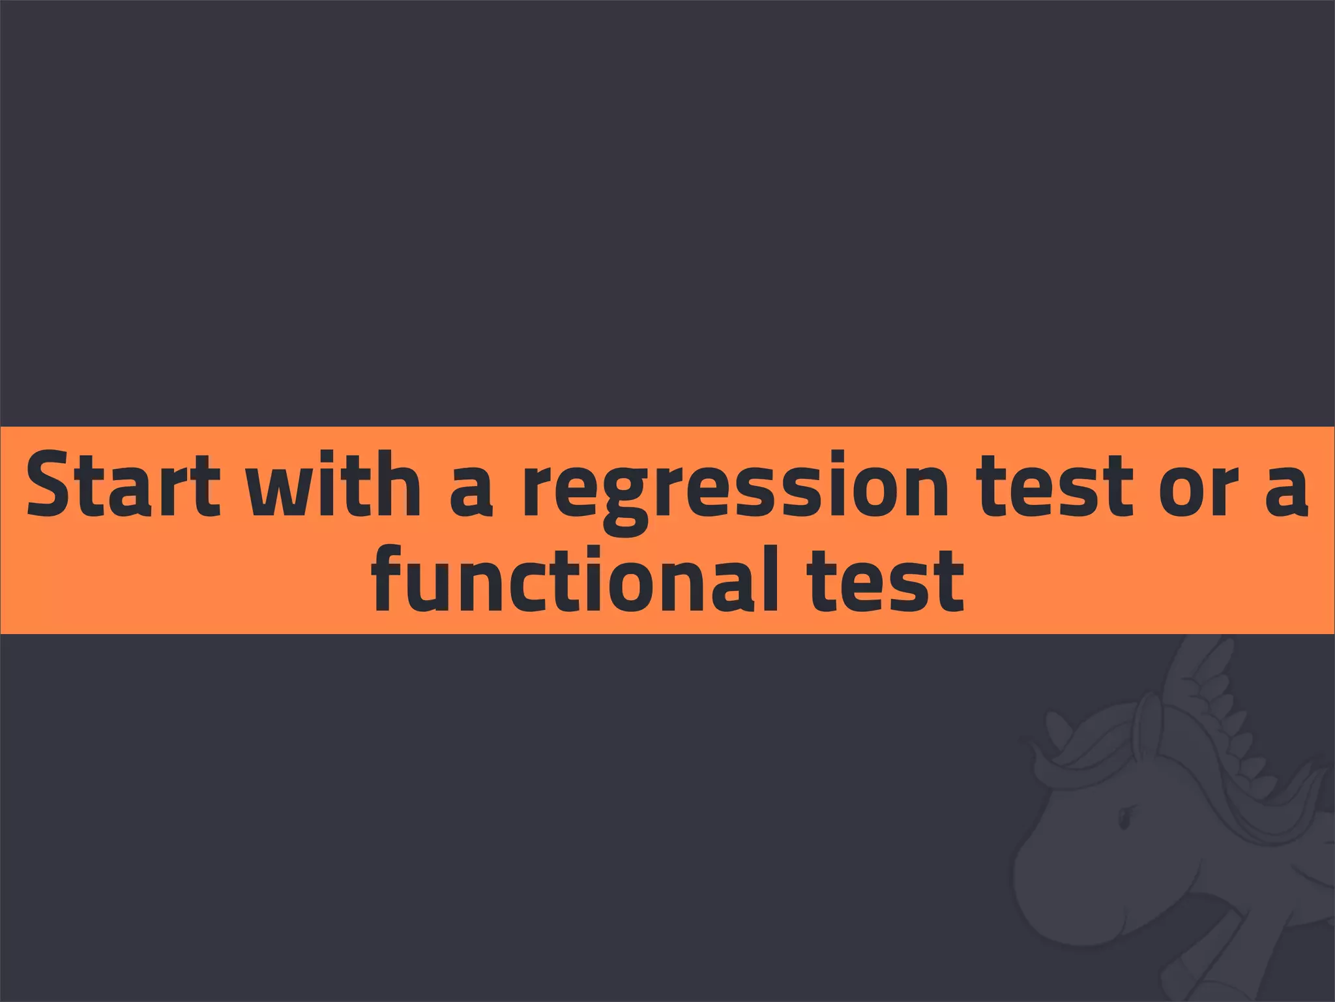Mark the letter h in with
(397, 483)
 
